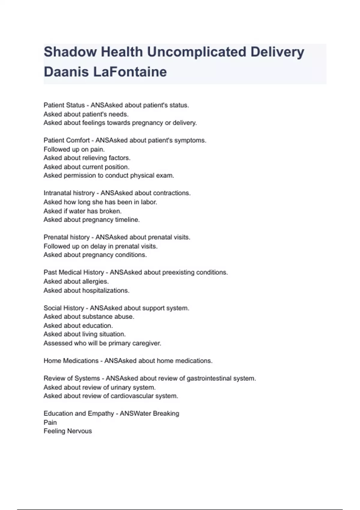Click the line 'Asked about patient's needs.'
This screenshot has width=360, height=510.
point(86,114)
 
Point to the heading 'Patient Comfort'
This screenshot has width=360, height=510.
point(67,140)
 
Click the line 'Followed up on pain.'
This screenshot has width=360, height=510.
point(74,149)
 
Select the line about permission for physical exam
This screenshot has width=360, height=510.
point(109,175)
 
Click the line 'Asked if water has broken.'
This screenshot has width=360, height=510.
point(82,211)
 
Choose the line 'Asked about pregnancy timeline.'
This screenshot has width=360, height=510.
point(91,220)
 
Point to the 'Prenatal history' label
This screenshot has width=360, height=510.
point(67,237)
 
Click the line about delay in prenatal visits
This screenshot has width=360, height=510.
point(100,246)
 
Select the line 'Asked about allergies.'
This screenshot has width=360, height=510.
point(76,281)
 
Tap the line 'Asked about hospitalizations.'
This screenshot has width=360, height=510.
point(86,290)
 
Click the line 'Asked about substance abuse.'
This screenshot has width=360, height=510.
point(89,316)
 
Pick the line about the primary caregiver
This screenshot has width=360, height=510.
point(102,343)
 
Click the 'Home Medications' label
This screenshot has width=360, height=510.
point(71,361)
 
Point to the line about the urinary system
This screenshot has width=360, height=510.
point(100,387)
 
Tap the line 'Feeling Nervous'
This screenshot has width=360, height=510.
point(68,431)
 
